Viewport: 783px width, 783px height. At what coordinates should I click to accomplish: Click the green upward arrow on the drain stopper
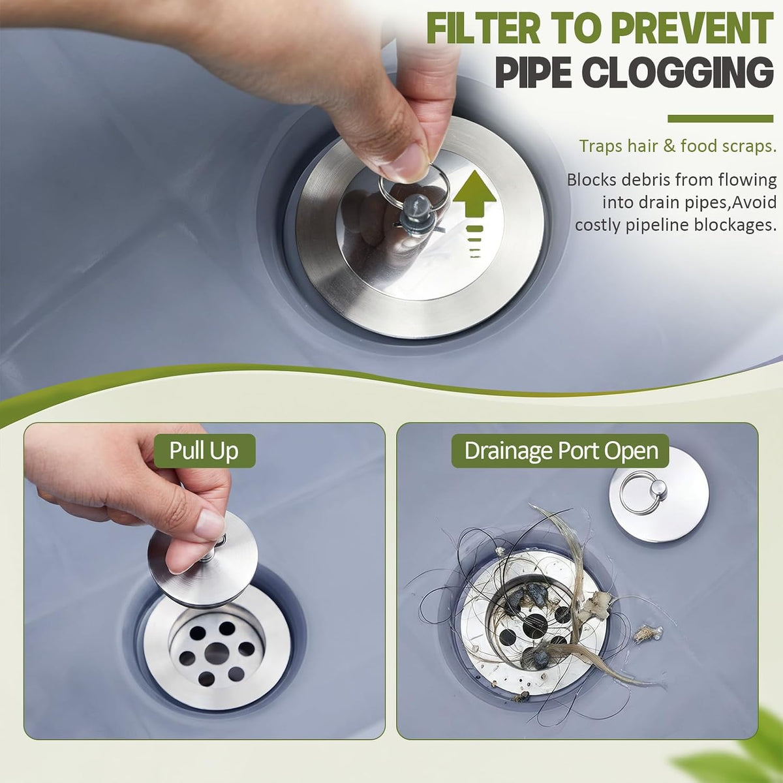coord(474,211)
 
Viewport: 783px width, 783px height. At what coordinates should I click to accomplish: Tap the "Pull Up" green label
coord(204,451)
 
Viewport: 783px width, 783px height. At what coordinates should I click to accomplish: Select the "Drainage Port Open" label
coord(560,451)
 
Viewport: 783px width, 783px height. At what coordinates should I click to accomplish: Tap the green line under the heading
coord(720,119)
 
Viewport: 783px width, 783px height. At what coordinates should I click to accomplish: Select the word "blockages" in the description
coord(735,224)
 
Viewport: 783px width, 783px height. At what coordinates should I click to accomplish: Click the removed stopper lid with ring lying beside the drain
coord(658,495)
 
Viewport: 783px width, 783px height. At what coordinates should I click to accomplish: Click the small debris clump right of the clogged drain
coord(648,634)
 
